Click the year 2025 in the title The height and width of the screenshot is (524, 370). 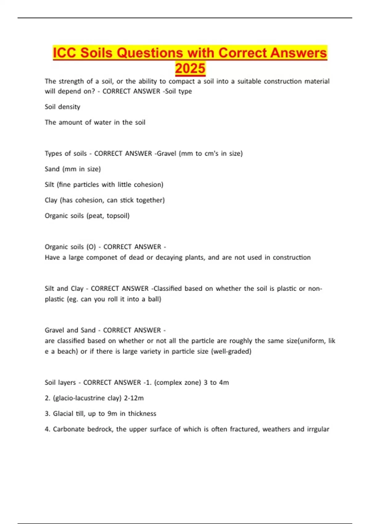(x=190, y=68)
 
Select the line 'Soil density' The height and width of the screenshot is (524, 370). (x=63, y=107)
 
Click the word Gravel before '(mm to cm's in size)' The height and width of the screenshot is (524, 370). (x=166, y=153)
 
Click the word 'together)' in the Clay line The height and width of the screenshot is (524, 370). (x=150, y=200)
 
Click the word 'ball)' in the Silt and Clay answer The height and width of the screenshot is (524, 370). (x=154, y=299)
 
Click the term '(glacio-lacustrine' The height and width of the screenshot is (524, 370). (x=79, y=398)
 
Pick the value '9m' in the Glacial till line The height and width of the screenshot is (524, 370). (x=112, y=413)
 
